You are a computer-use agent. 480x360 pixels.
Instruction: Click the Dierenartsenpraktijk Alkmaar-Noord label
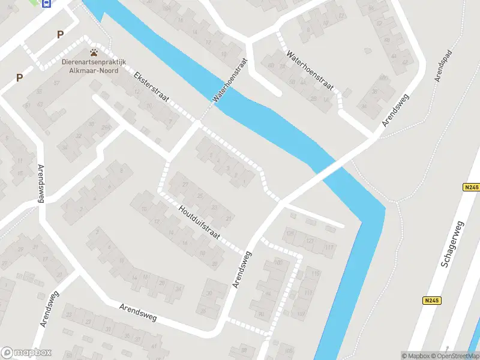click(x=89, y=66)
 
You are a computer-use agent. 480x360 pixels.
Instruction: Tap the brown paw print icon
click(x=94, y=53)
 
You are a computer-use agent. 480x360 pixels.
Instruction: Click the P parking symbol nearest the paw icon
click(x=59, y=35)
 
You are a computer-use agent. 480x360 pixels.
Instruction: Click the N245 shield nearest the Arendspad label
click(x=471, y=188)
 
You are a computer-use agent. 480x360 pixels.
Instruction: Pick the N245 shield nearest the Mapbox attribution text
click(x=430, y=301)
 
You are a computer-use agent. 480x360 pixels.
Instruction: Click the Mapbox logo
click(x=26, y=353)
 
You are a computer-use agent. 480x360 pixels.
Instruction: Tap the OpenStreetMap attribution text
click(x=453, y=355)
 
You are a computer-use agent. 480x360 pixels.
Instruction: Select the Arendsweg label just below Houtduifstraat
click(x=242, y=269)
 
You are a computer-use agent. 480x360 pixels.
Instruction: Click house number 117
click(x=328, y=247)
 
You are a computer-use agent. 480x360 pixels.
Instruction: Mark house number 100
click(x=277, y=263)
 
